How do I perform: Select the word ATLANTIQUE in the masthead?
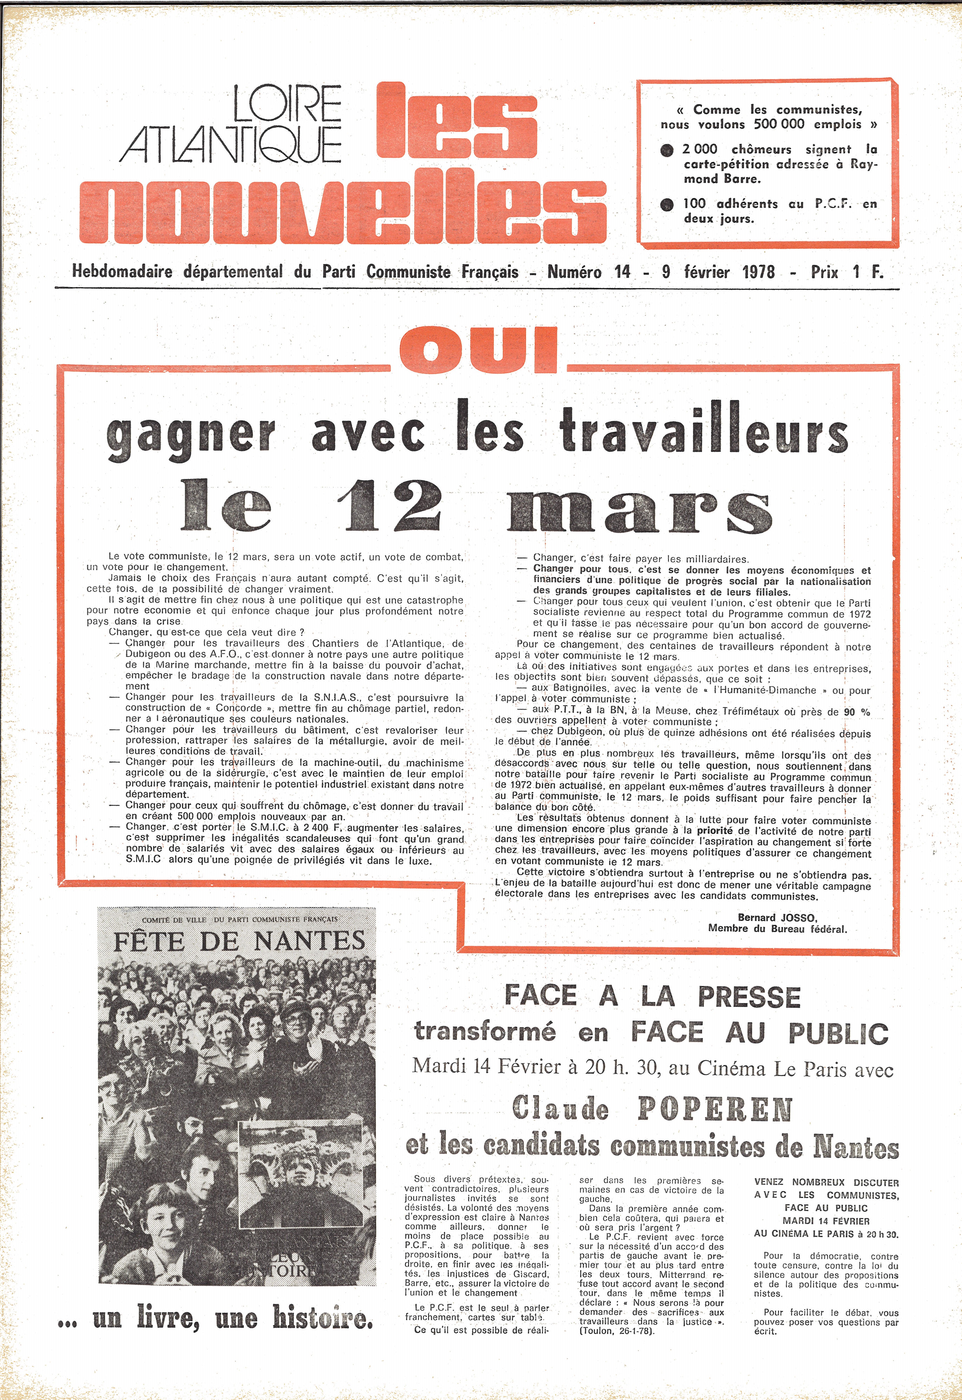tap(231, 145)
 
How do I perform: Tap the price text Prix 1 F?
tap(847, 272)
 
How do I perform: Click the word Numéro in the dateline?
tap(574, 272)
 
